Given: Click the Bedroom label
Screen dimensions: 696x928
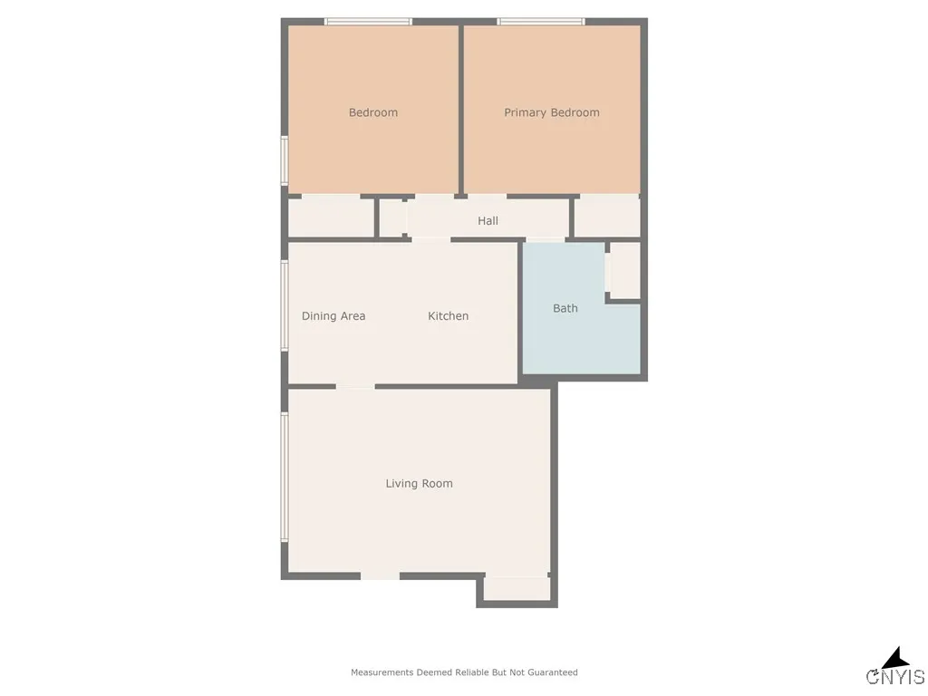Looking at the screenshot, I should pos(373,112).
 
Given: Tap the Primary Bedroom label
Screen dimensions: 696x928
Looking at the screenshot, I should pos(552,112).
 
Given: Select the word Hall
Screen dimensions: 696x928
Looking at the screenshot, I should pos(488,220).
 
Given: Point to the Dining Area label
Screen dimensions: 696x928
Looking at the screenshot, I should pos(333,316).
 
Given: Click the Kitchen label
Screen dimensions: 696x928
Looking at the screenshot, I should pos(449,316).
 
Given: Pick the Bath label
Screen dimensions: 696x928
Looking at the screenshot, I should pos(565,308).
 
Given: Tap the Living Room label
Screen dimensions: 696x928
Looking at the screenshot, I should pos(419,484).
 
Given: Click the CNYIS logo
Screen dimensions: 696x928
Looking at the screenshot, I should pos(895,670).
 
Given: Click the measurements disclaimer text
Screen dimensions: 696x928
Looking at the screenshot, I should pos(464,672).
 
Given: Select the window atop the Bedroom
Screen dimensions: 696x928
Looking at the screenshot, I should pos(368,22).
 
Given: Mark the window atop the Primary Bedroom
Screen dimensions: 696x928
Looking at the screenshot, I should pos(541,22).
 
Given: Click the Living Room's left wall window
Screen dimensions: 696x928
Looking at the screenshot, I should pos(285,478).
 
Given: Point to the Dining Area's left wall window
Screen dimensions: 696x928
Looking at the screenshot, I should pos(285,306).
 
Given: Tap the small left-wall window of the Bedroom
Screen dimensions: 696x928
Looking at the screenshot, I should pos(285,160).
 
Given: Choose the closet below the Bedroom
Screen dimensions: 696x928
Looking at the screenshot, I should pos(331,217).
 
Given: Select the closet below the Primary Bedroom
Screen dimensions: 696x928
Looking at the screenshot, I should pos(607,217).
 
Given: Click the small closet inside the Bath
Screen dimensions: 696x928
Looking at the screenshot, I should pos(624,270).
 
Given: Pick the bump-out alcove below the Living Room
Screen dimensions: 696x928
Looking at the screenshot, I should pos(517,588).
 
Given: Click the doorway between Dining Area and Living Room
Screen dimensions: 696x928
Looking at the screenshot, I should pos(355,386).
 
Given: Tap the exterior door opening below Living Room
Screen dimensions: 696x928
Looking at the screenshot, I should pos(380,575).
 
